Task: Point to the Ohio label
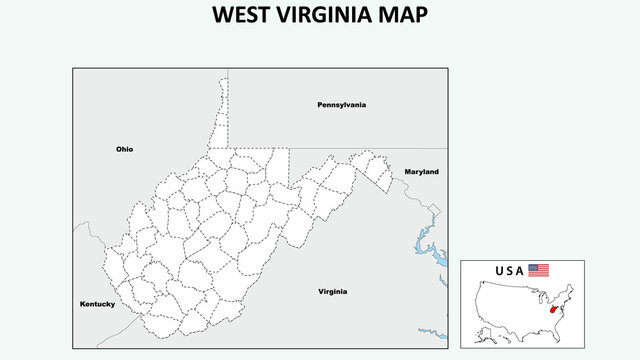coord(124,149)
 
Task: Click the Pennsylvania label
coord(342,104)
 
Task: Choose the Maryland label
coord(421,172)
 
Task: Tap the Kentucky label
coord(98,303)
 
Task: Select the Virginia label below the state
coord(333,291)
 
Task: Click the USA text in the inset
coord(509,271)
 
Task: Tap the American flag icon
coord(539,270)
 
